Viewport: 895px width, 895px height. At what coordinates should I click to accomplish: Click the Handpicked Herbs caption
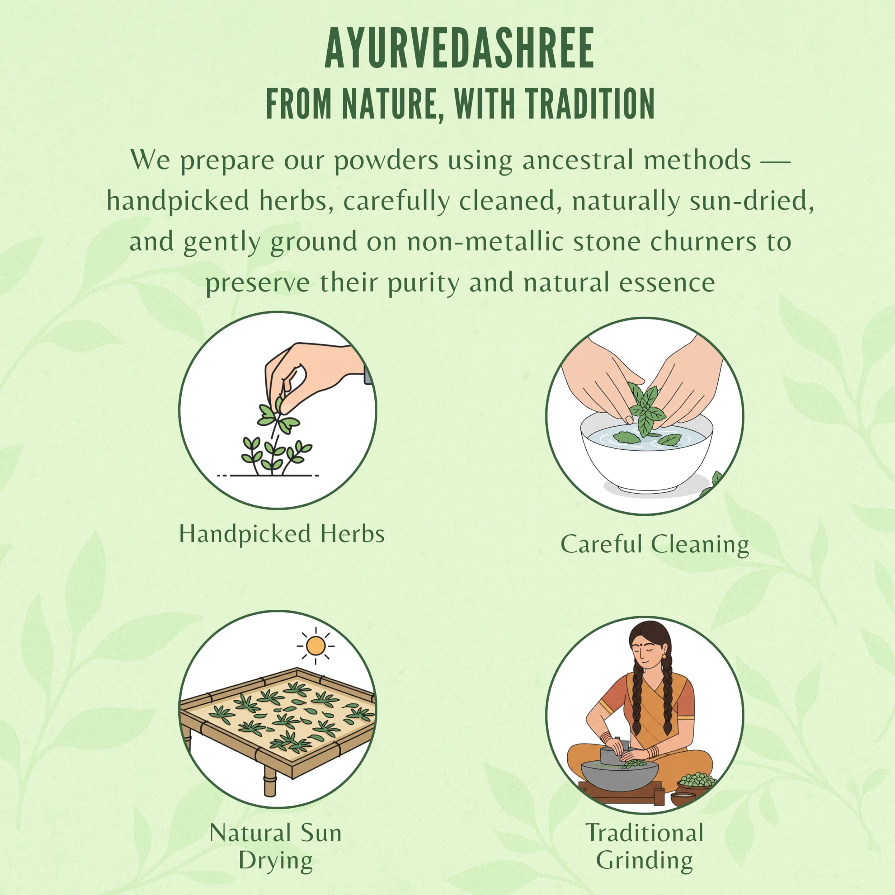[x=282, y=534]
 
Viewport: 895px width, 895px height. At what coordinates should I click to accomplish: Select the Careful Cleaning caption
[x=654, y=544]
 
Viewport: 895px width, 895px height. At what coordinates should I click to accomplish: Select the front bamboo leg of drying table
[x=269, y=781]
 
